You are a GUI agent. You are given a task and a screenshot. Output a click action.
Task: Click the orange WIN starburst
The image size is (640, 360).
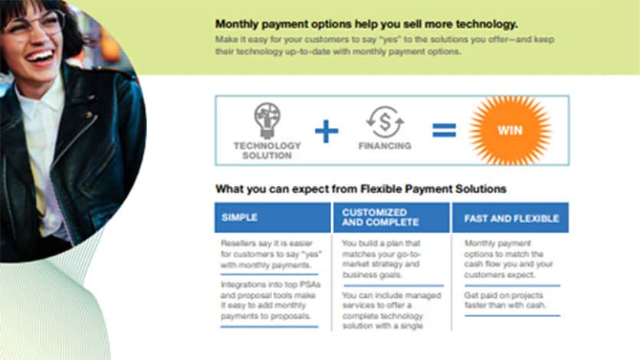tap(510, 130)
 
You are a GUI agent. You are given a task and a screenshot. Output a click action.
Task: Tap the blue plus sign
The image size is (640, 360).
tap(327, 131)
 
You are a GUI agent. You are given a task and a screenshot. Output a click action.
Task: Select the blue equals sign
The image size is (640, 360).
tap(444, 130)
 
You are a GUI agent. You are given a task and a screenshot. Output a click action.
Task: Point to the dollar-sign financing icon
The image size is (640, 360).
tap(384, 122)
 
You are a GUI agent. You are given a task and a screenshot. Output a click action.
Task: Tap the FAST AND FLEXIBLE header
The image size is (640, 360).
tap(511, 218)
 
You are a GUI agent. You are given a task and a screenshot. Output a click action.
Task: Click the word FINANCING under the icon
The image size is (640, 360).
tap(385, 146)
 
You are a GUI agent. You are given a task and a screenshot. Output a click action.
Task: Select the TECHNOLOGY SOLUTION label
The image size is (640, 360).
tap(267, 150)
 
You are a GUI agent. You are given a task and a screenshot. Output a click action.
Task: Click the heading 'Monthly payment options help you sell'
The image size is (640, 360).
tap(366, 23)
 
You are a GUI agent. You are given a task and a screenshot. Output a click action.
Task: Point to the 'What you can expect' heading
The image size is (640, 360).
tap(360, 188)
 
